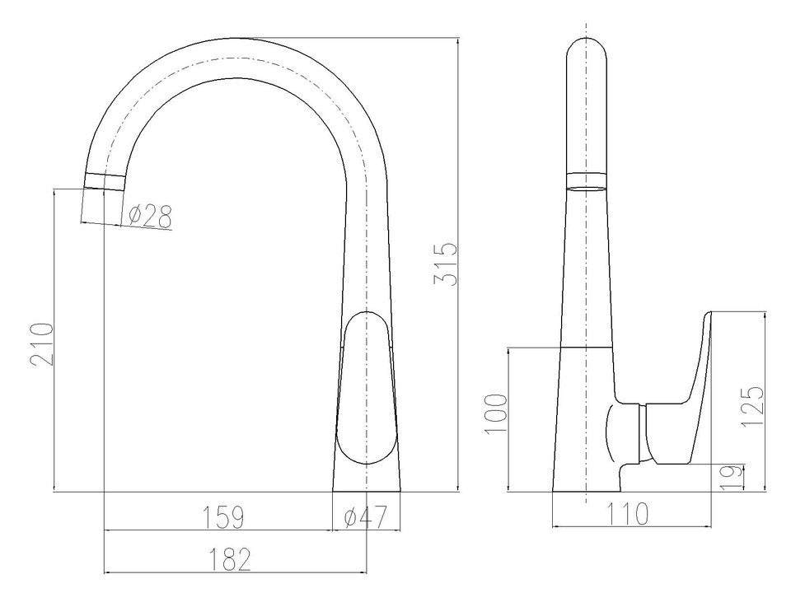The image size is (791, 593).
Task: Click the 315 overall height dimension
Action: [446, 264]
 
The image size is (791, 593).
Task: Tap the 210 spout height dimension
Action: [41, 344]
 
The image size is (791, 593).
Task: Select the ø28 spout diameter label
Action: [150, 217]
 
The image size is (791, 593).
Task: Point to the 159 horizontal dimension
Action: [223, 517]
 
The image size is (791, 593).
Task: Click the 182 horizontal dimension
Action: [230, 559]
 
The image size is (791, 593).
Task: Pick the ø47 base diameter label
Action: [365, 517]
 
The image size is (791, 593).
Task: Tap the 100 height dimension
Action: [495, 413]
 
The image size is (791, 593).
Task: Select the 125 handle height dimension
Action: [752, 406]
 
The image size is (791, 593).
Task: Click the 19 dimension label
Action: [732, 477]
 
